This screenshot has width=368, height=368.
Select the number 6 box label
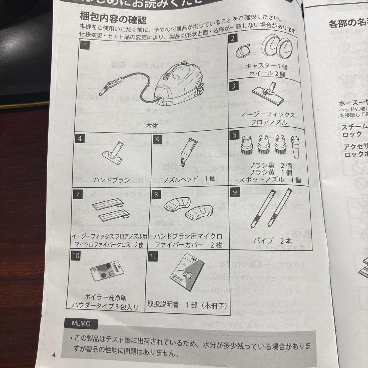click(234, 135)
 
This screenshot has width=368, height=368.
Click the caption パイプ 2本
click(272, 241)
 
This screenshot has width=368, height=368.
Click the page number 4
click(53, 354)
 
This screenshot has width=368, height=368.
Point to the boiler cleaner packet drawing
click(106, 271)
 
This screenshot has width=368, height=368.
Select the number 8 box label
click(156, 195)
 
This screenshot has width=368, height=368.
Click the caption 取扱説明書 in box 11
click(163, 304)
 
